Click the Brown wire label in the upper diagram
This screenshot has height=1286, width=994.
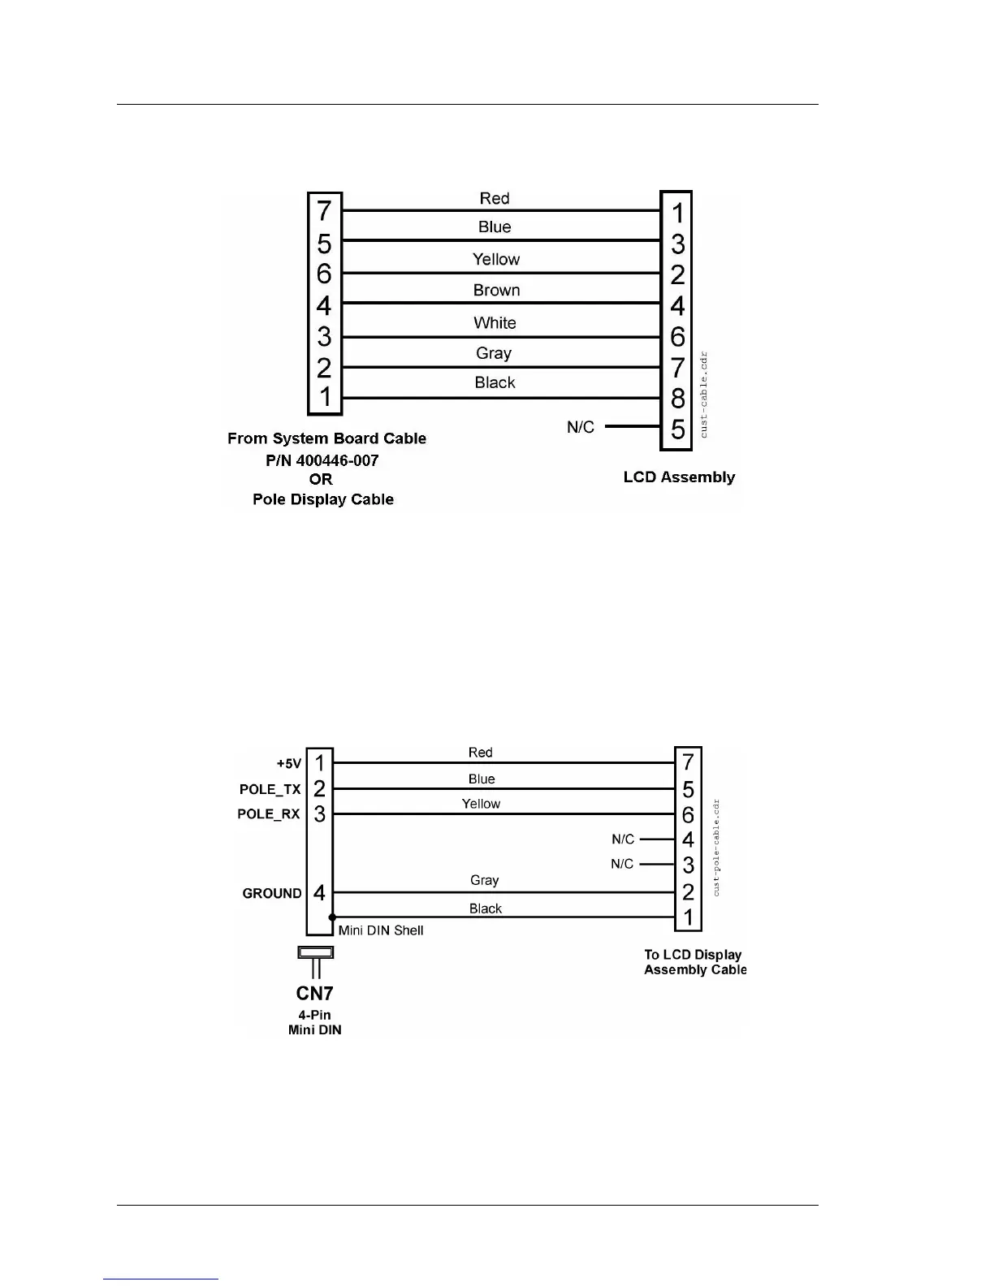click(x=496, y=290)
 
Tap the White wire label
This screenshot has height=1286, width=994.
click(x=495, y=322)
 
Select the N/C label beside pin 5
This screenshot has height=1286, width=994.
click(x=581, y=427)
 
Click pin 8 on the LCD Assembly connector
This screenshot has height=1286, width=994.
click(x=678, y=399)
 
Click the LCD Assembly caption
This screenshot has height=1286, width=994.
click(x=679, y=477)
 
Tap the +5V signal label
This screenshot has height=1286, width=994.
click(x=288, y=764)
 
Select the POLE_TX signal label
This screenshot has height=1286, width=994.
click(x=270, y=789)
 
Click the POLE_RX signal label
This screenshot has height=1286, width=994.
click(x=268, y=813)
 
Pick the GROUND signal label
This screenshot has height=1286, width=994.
click(x=272, y=893)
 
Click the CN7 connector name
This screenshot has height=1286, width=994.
click(x=314, y=993)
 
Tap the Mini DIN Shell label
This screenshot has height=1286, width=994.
click(x=381, y=930)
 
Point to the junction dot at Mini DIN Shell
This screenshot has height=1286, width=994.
click(x=333, y=917)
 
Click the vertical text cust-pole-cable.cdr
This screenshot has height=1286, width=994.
click(x=716, y=848)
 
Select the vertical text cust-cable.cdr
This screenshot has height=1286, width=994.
click(x=703, y=395)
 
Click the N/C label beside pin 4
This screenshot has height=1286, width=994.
click(x=623, y=839)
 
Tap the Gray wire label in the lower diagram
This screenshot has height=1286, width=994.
click(x=484, y=880)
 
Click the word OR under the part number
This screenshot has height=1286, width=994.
click(x=321, y=479)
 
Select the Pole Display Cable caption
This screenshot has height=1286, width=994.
click(x=323, y=499)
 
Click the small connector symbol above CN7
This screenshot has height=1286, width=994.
click(x=316, y=952)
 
